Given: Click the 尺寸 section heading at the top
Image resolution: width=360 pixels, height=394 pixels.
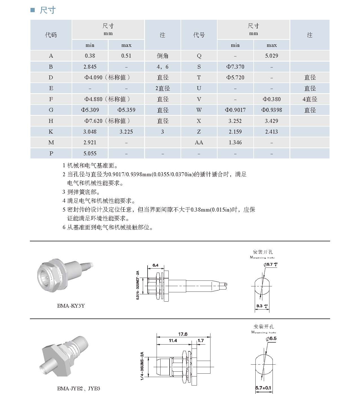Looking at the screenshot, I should (47, 10).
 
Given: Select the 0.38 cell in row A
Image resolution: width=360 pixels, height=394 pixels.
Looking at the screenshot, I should (90, 56).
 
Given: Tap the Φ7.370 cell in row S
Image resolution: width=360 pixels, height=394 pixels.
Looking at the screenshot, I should (235, 67).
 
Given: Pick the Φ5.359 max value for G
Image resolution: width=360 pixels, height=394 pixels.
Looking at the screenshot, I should (126, 110).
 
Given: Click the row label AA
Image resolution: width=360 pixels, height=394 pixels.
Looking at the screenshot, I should (199, 143).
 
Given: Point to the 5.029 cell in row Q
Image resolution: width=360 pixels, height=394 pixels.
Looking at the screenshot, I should (271, 56).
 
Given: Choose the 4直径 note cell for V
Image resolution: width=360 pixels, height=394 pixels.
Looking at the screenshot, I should (310, 99).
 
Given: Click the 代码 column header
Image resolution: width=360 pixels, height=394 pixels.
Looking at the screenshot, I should (51, 35).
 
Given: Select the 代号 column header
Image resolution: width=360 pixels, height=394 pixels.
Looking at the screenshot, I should (199, 35).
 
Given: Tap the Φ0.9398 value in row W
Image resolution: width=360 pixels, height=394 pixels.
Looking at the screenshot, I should (271, 110).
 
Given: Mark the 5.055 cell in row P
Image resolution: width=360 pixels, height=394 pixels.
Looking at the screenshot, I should (90, 154).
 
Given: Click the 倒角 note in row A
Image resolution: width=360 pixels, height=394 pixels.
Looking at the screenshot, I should (163, 56).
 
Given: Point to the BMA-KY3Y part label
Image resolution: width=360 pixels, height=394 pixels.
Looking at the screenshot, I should (71, 306).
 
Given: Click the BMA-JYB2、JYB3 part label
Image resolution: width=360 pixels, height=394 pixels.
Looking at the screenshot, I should (78, 389).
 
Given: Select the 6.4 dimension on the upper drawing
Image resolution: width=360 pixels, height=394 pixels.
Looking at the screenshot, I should (155, 265).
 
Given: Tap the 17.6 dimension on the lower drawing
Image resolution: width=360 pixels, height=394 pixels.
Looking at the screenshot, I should (183, 334).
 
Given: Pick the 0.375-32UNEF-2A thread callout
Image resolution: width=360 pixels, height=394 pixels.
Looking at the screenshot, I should (138, 285).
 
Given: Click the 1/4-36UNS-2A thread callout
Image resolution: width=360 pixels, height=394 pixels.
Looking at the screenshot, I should (142, 366).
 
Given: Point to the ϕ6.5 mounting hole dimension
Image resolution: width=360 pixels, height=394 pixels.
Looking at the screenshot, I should (271, 338).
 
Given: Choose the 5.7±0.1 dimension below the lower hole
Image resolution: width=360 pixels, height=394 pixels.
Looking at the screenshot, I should (263, 388).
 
